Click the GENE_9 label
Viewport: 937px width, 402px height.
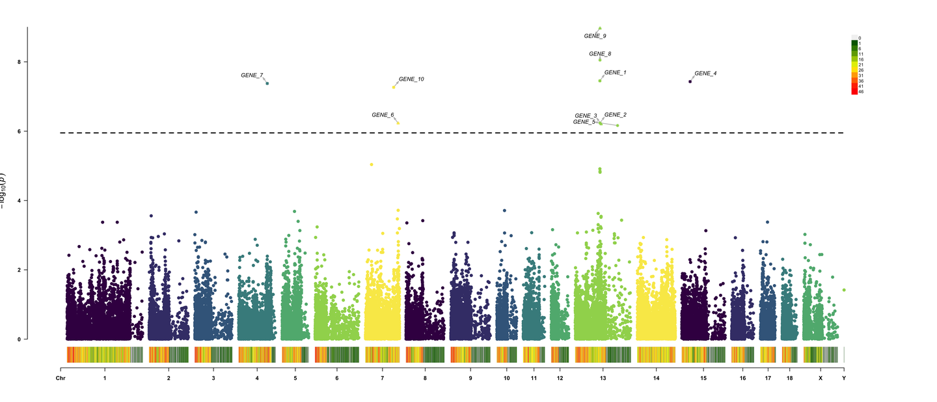coord(595,36)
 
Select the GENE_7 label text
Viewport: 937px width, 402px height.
coord(252,76)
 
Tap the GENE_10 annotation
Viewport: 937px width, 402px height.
coord(411,79)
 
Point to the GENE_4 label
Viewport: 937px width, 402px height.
coord(705,74)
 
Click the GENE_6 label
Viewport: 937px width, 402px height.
coord(383,115)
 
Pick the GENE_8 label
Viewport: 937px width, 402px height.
coord(600,54)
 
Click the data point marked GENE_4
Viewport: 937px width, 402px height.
coord(690,81)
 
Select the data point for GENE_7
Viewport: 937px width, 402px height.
coord(267,83)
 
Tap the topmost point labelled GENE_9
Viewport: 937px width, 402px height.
coord(599,29)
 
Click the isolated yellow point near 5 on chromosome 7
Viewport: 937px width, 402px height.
coord(372,165)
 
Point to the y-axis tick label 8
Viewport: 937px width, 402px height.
coord(19,62)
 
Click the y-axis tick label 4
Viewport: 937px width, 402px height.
coord(19,201)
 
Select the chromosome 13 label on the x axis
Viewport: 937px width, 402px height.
coord(603,379)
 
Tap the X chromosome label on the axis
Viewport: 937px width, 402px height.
coord(820,379)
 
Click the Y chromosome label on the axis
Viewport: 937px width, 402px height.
coord(844,379)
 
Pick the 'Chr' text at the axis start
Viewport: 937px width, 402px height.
coord(61,379)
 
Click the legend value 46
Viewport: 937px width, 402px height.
coord(861,92)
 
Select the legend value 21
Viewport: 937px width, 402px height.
coord(861,65)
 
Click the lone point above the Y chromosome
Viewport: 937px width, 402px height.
coord(844,290)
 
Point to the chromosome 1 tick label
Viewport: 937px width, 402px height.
coord(105,379)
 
